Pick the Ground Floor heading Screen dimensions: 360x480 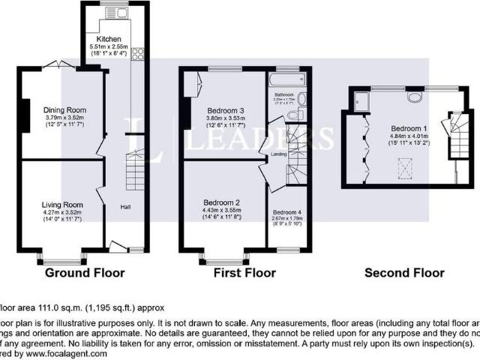(85, 272)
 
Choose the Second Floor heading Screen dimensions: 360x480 (404, 272)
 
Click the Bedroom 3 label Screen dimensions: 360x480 (225, 109)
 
